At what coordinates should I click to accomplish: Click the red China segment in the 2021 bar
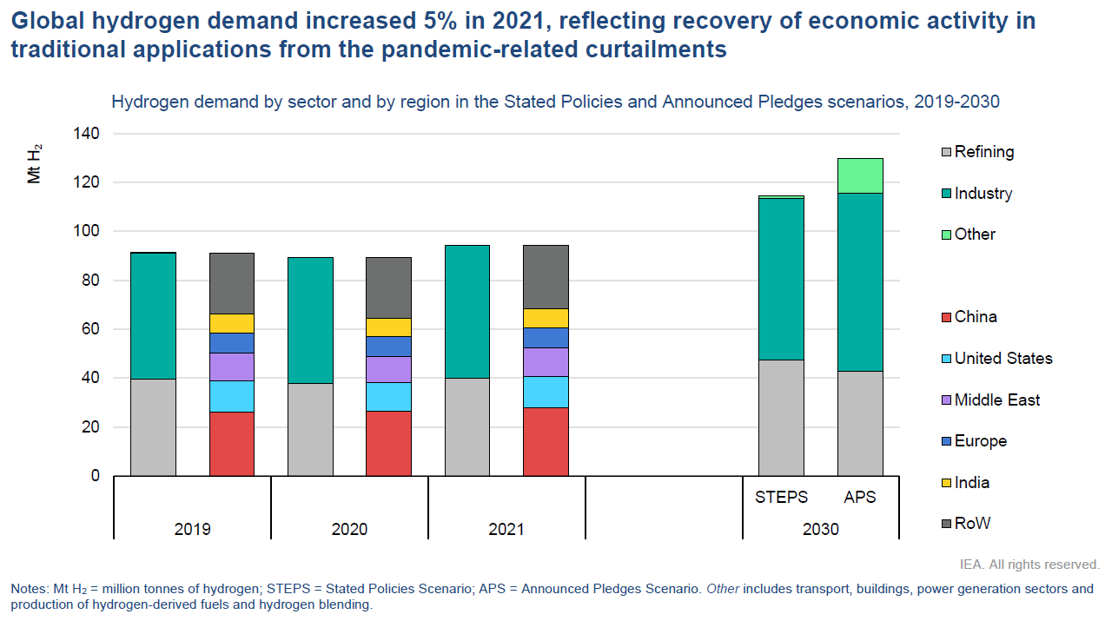(546, 441)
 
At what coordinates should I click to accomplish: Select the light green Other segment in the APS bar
(860, 175)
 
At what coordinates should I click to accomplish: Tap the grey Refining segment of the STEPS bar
(781, 418)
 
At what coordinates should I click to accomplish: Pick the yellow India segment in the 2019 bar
(231, 323)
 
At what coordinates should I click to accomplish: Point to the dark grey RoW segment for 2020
(388, 287)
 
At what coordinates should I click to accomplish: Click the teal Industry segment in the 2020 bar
(310, 320)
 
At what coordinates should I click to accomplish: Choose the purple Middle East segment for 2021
(546, 361)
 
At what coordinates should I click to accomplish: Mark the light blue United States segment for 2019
(231, 396)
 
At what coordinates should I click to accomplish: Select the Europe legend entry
(980, 441)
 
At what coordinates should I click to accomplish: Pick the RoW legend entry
(972, 524)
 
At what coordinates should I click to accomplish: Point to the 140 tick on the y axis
(89, 134)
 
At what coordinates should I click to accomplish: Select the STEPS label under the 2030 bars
(781, 498)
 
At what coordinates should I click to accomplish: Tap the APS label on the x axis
(860, 498)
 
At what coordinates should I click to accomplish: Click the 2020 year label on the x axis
(349, 529)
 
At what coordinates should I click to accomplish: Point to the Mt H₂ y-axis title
(35, 164)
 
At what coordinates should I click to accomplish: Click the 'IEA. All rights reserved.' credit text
(1029, 565)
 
